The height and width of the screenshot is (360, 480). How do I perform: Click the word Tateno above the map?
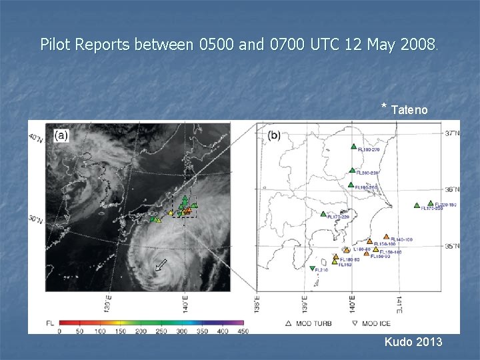click(409, 109)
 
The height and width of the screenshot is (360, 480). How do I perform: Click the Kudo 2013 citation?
click(413, 342)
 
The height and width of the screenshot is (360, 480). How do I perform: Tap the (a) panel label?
click(61, 135)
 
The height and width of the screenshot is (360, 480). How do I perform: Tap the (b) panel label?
click(274, 135)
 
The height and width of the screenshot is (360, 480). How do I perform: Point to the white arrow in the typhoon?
click(161, 265)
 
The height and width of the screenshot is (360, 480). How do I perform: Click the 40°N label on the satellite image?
click(35, 138)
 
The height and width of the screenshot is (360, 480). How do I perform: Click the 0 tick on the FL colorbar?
click(59, 330)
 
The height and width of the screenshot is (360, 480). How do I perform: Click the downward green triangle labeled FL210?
click(313, 269)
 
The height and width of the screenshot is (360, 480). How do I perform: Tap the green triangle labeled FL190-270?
click(352, 147)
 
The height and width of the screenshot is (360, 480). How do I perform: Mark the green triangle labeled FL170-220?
click(323, 215)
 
